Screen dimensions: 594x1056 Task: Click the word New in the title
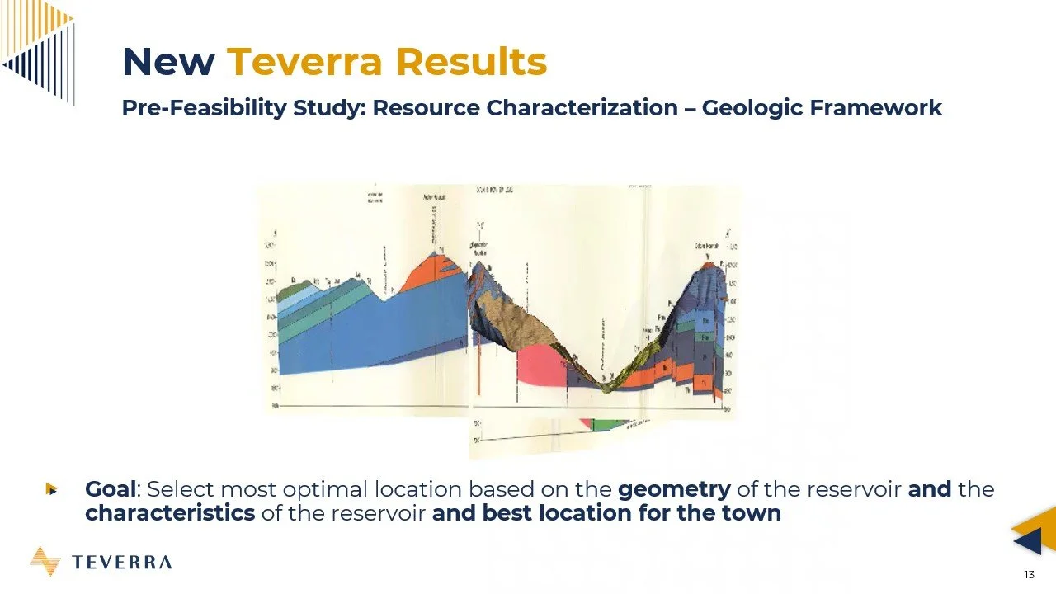(x=168, y=62)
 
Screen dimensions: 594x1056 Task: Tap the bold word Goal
(x=110, y=489)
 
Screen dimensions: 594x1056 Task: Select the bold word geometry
(x=674, y=489)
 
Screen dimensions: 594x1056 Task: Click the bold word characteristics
(x=169, y=512)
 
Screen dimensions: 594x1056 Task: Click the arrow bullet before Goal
(x=51, y=489)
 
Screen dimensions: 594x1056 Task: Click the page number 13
(x=1029, y=575)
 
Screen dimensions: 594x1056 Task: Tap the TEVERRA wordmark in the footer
(x=122, y=563)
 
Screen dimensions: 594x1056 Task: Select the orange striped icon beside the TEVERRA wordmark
(x=45, y=561)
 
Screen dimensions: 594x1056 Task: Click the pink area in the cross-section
(x=540, y=367)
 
